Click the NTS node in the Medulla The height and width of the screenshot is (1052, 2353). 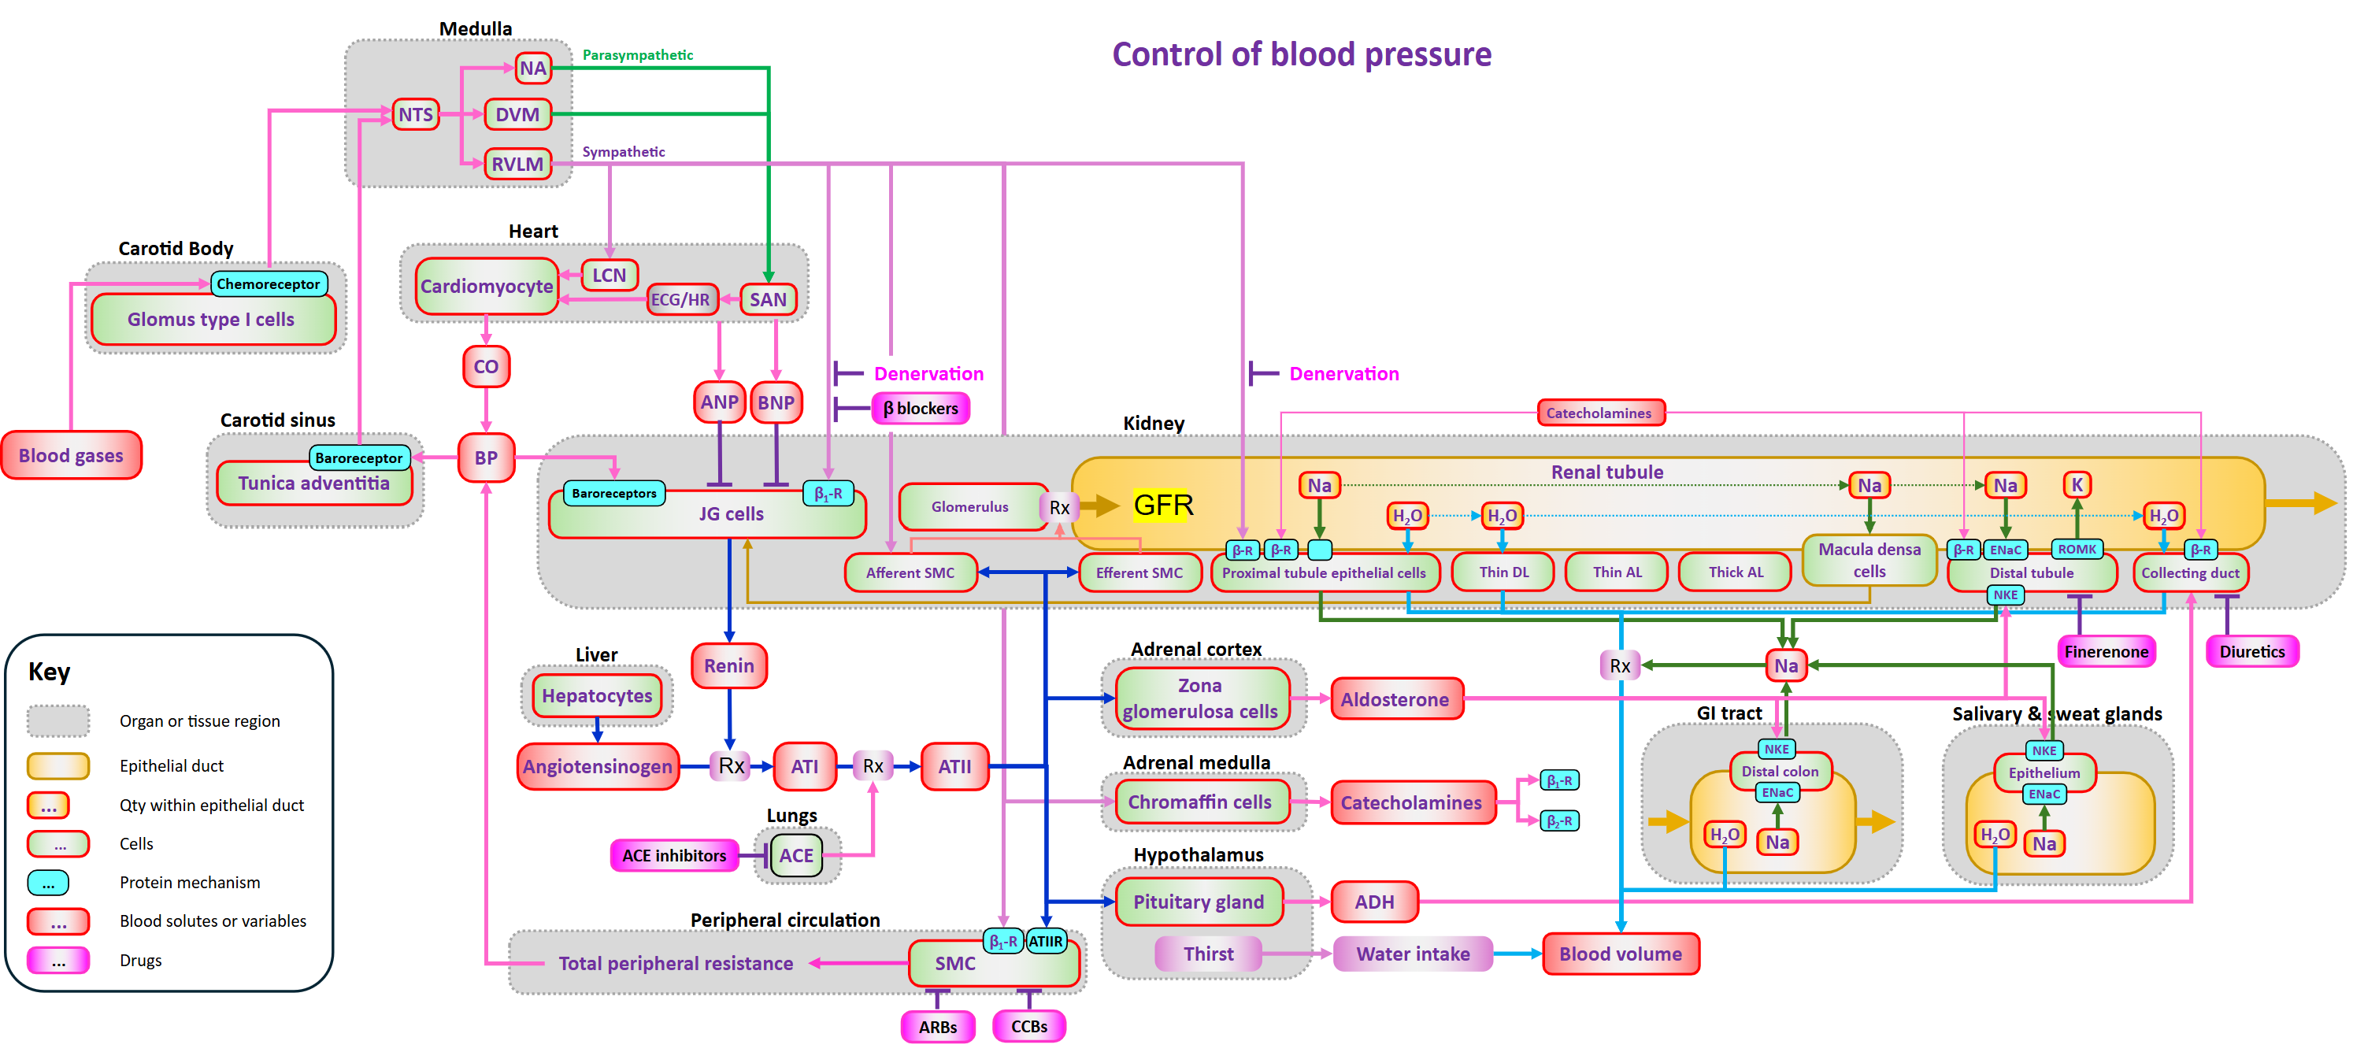tap(416, 115)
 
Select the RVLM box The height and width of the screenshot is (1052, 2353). tap(517, 165)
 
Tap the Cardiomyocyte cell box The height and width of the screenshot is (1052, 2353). tap(486, 287)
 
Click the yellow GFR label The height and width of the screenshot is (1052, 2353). tap(1163, 505)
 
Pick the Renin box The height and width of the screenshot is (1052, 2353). tap(729, 665)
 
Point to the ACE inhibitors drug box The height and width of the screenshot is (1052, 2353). tap(674, 856)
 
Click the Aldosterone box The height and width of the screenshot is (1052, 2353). tap(1395, 699)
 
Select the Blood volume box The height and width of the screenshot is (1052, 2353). tap(1621, 954)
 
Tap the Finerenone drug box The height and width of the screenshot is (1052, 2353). tap(2107, 652)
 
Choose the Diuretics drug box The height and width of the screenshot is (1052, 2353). tap(2251, 652)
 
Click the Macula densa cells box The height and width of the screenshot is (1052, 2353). tap(1869, 561)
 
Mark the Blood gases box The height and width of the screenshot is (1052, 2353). tap(71, 456)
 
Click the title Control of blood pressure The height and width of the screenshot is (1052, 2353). tap(1302, 55)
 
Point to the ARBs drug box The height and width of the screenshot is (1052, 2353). tap(938, 1028)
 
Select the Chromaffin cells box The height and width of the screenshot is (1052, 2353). tap(1199, 802)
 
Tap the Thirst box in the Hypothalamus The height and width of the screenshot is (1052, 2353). tap(1209, 954)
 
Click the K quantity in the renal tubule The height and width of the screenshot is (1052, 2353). tap(2077, 485)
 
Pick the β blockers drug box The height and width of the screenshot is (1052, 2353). tap(921, 408)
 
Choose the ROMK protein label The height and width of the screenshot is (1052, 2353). tap(2077, 550)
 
